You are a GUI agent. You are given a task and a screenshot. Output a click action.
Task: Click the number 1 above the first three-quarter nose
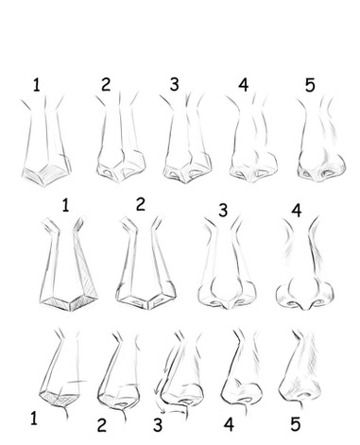37,85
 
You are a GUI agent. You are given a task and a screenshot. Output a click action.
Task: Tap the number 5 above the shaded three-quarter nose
310,85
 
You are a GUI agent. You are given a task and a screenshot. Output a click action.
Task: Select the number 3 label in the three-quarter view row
174,84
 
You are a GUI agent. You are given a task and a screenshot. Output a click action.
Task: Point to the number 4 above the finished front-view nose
297,211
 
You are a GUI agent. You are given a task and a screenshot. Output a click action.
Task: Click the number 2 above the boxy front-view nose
141,204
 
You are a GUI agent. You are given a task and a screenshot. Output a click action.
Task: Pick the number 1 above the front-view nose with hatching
65,205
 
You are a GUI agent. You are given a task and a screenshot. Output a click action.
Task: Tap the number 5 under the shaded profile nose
295,423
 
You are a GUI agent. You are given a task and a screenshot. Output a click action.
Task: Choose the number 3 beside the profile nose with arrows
158,424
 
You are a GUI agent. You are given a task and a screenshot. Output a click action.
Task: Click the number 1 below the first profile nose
34,419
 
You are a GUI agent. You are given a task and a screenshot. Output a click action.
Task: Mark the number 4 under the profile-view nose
229,424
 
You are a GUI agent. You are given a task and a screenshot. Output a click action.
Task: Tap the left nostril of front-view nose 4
292,303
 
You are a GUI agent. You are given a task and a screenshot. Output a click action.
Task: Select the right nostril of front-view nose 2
159,301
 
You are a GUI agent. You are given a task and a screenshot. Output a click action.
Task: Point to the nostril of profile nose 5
305,395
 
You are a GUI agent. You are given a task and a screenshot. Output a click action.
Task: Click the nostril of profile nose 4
247,400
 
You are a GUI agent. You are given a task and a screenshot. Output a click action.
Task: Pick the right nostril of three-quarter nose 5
330,173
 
